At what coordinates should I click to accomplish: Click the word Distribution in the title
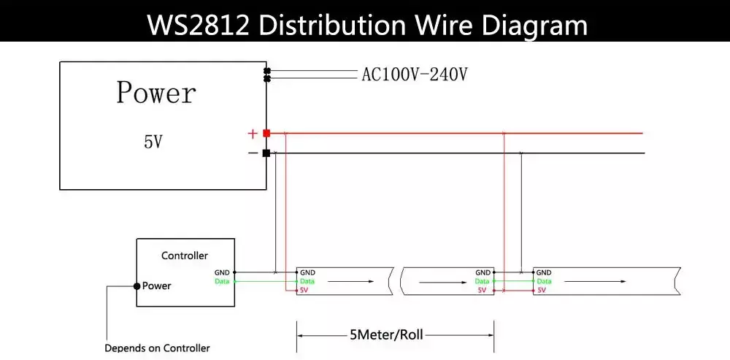tap(332, 25)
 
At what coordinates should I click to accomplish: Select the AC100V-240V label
tap(415, 74)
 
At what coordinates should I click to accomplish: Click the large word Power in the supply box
tap(156, 92)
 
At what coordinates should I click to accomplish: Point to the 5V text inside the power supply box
tap(154, 142)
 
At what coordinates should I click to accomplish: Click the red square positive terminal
tap(266, 133)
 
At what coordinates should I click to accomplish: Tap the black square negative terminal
tap(266, 153)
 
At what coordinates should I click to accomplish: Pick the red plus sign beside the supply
tap(253, 134)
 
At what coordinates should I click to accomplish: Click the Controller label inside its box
tap(185, 256)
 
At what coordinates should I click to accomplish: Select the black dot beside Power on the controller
tap(137, 286)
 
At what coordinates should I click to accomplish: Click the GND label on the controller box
tap(222, 272)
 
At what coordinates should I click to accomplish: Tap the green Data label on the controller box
tap(222, 281)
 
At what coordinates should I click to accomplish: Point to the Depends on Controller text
tap(157, 348)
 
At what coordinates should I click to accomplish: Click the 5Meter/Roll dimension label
tap(386, 335)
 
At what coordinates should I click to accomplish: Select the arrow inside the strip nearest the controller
tap(350, 281)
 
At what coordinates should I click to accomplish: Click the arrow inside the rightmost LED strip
tap(596, 281)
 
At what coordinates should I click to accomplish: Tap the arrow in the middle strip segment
tap(443, 281)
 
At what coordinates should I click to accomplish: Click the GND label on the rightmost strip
tap(544, 272)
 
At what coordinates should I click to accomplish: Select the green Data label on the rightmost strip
tap(544, 281)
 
